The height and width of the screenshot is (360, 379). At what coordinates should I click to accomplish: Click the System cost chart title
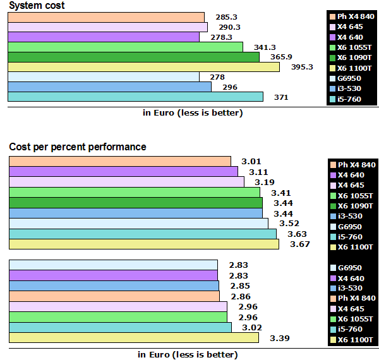pyautogui.click(x=37, y=6)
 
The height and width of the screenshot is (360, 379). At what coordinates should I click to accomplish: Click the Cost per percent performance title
pyautogui.click(x=78, y=147)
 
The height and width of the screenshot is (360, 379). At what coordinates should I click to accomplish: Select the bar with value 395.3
pyautogui.click(x=143, y=67)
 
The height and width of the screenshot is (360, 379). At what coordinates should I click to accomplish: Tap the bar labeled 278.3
pyautogui.click(x=104, y=37)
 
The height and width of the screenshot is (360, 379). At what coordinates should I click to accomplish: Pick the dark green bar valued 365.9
pyautogui.click(x=133, y=57)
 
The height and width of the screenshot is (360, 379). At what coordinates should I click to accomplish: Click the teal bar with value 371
pyautogui.click(x=135, y=97)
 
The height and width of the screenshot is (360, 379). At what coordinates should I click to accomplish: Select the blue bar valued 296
pyautogui.click(x=109, y=87)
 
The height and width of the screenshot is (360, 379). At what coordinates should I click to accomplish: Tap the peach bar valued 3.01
pyautogui.click(x=120, y=161)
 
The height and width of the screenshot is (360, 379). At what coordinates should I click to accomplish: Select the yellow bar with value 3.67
pyautogui.click(x=144, y=244)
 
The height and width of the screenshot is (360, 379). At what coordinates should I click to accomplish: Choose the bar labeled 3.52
pyautogui.click(x=138, y=224)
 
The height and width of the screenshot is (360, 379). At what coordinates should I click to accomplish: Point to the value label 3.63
pyautogui.click(x=298, y=234)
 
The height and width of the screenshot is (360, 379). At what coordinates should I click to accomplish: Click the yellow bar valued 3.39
pyautogui.click(x=134, y=338)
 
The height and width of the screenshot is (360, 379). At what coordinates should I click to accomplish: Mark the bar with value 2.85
pyautogui.click(x=114, y=285)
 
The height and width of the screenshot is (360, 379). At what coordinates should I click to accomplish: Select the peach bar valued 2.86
pyautogui.click(x=114, y=296)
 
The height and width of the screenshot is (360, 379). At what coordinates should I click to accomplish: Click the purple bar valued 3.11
pyautogui.click(x=123, y=171)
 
